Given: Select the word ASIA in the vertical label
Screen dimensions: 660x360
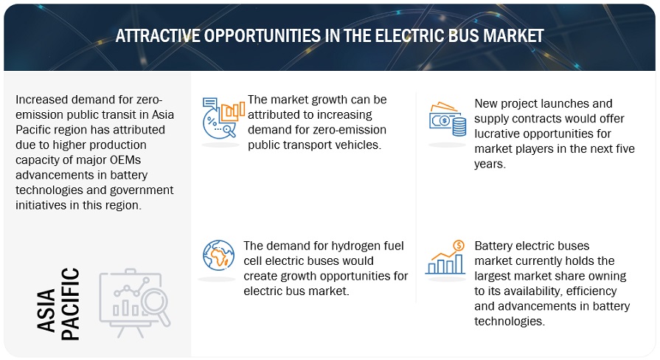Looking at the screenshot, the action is pyautogui.click(x=46, y=311).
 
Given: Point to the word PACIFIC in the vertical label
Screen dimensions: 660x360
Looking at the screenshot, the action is pyautogui.click(x=70, y=304).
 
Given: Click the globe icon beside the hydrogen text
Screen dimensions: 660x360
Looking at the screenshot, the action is pyautogui.click(x=218, y=255).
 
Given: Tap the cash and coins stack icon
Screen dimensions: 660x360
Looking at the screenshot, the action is pyautogui.click(x=448, y=119).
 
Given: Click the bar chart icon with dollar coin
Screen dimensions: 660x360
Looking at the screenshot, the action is pyautogui.click(x=445, y=257).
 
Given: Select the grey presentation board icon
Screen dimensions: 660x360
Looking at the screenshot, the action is pyautogui.click(x=135, y=302).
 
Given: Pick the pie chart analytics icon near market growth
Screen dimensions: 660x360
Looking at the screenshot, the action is pyautogui.click(x=223, y=117).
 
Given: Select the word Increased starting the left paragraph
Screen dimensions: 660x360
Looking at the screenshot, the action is pyautogui.click(x=42, y=100).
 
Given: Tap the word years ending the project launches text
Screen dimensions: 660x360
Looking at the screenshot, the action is pyautogui.click(x=489, y=165).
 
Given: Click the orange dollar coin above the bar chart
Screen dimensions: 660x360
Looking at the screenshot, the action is pyautogui.click(x=459, y=246).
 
